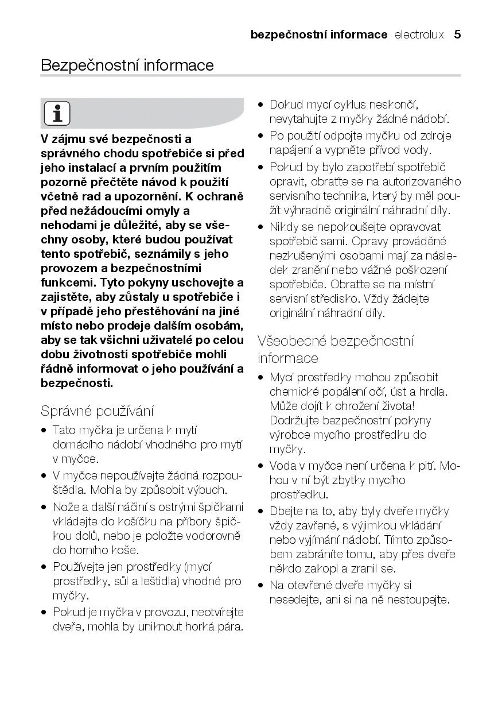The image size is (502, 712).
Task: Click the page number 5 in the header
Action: [457, 34]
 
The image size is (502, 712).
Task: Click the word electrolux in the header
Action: [419, 34]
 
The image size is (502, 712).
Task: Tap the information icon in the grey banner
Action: [57, 113]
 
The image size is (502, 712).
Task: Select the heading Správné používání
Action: [97, 411]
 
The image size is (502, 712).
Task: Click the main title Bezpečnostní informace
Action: [127, 65]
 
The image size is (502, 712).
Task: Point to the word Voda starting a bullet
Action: [282, 466]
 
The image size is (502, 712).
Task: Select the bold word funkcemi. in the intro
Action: [68, 283]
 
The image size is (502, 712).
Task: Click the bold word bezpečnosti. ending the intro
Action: [76, 383]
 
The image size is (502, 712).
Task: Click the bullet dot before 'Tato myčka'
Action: [44, 430]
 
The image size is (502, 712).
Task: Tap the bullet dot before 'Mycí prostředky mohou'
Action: [261, 378]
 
